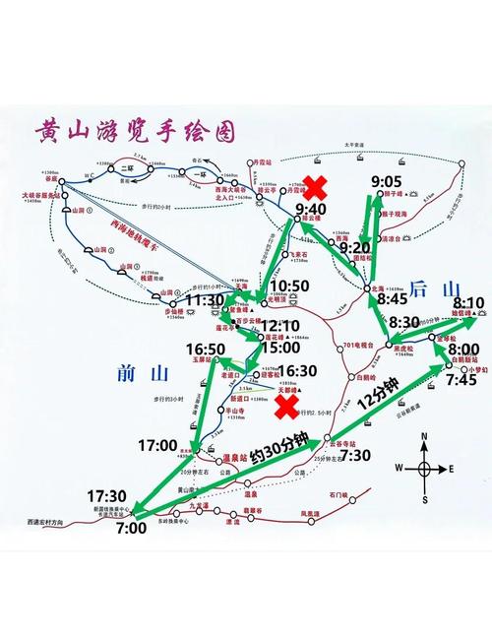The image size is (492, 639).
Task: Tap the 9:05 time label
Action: click(387, 182)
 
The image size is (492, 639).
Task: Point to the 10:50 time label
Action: click(291, 286)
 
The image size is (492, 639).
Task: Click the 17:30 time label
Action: click(108, 494)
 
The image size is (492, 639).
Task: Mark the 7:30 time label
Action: click(355, 455)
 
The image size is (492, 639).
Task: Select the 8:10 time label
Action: click(469, 302)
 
